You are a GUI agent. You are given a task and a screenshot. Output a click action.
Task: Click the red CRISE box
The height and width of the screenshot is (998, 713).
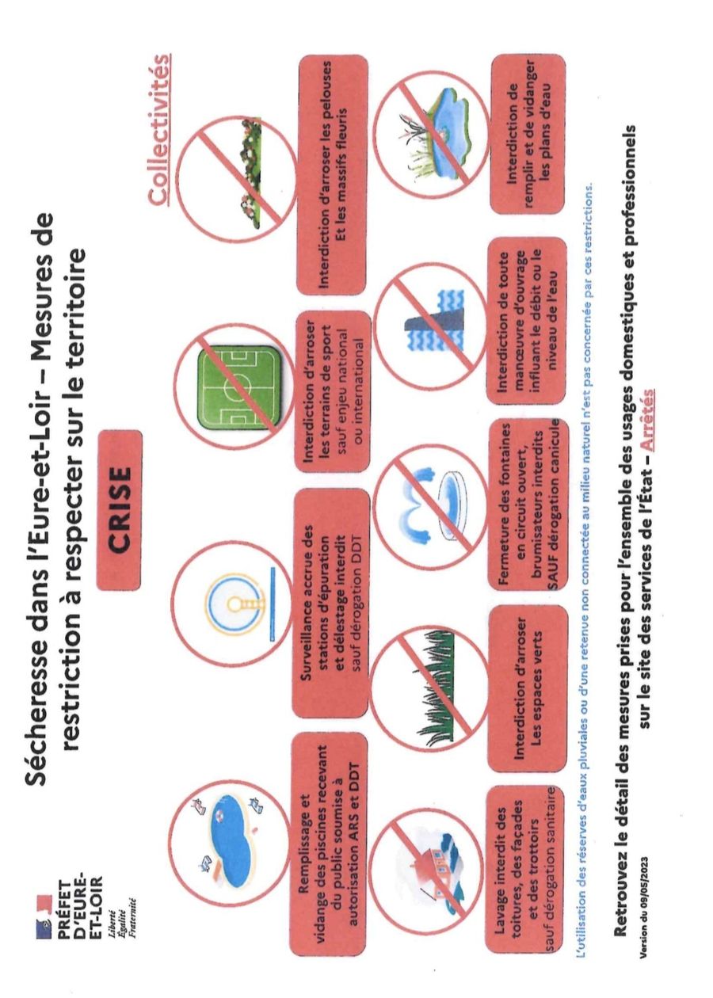pyautogui.click(x=119, y=511)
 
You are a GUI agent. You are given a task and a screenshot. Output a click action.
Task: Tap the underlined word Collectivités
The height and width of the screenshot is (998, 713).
pyautogui.click(x=159, y=130)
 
